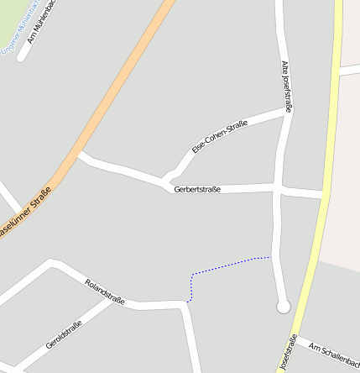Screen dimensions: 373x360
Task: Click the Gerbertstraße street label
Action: click(x=197, y=190)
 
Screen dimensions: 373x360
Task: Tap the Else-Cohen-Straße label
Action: click(x=220, y=136)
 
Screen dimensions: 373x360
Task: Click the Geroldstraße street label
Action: click(x=64, y=336)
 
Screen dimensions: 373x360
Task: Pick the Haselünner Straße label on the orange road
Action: click(x=25, y=214)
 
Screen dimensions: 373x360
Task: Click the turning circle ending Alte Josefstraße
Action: click(x=283, y=307)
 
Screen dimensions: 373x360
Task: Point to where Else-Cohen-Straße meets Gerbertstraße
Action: click(x=165, y=181)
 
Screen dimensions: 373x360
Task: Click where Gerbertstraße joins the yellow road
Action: click(x=323, y=195)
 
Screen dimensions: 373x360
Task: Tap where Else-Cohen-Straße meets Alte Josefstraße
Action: click(x=288, y=110)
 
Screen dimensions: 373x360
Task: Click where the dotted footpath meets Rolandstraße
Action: click(x=189, y=301)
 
